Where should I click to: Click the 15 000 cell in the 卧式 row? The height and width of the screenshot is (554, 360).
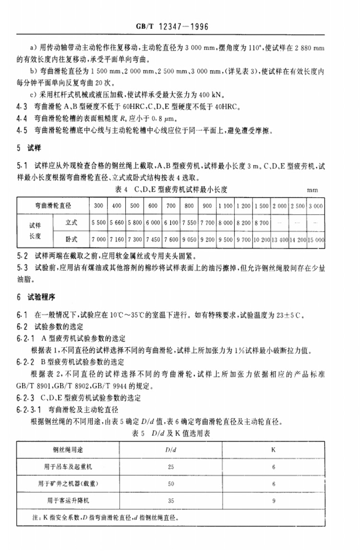(315, 239)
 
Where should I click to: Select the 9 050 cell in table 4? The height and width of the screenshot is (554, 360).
(189, 239)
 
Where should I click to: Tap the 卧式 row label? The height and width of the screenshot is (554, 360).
(72, 239)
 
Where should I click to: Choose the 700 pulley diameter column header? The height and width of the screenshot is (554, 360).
(171, 205)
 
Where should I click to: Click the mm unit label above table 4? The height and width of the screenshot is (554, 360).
(313, 190)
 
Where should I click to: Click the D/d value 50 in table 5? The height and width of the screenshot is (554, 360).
(171, 483)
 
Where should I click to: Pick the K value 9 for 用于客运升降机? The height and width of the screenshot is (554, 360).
(274, 500)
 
